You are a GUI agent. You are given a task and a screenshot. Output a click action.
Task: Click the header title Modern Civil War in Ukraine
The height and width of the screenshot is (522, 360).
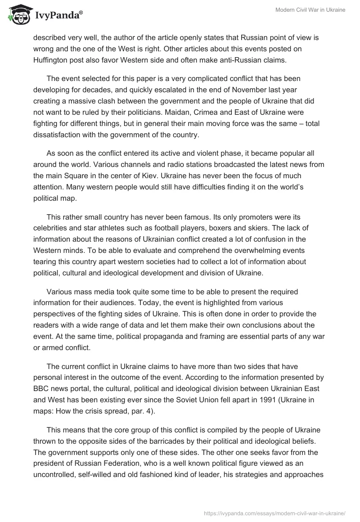click(310, 10)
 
